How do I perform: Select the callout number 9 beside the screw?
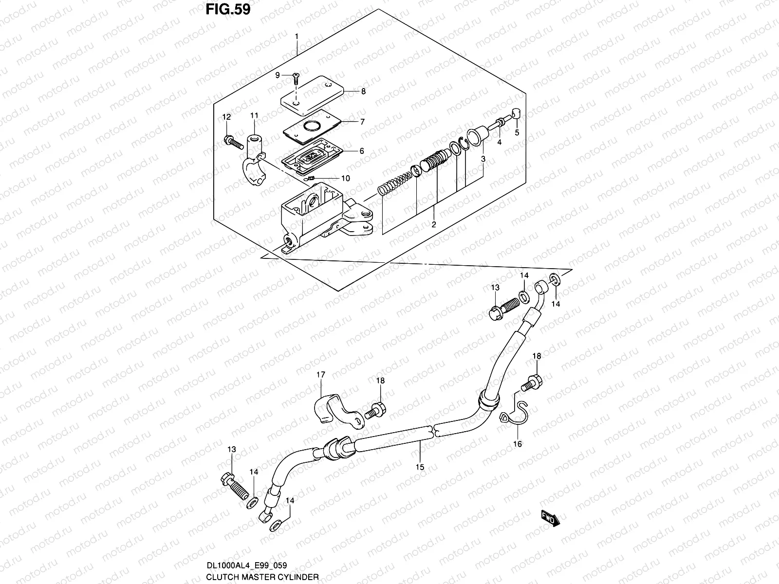click(278, 75)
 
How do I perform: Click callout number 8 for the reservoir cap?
click(363, 91)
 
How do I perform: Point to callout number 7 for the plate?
click(362, 122)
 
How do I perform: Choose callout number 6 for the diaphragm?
click(362, 151)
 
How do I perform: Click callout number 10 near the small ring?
click(345, 179)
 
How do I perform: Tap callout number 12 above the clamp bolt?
click(226, 117)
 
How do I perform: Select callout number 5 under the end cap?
click(517, 132)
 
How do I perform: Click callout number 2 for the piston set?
click(433, 224)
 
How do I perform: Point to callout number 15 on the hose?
click(420, 467)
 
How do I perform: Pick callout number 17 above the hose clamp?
click(321, 375)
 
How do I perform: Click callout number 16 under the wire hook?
click(517, 444)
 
